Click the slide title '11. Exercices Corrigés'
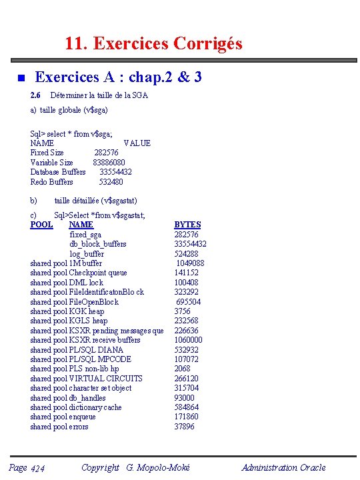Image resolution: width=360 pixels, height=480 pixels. click(x=153, y=44)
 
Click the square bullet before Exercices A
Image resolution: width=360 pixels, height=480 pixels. click(x=20, y=79)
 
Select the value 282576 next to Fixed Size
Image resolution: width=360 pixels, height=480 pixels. click(x=106, y=153)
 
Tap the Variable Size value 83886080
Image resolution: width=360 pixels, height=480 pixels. click(x=109, y=162)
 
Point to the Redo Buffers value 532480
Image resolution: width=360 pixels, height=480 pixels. click(x=111, y=181)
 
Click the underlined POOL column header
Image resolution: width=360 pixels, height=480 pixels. click(x=41, y=225)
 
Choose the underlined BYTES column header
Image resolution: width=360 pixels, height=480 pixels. click(x=187, y=225)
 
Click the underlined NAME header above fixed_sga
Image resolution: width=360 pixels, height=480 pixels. click(x=81, y=225)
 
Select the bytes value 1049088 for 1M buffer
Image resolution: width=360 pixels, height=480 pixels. click(x=190, y=263)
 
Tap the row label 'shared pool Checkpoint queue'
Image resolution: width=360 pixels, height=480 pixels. click(x=79, y=273)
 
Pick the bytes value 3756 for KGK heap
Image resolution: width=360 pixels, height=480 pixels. click(x=182, y=311)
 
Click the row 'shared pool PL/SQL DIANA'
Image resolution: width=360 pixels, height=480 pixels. click(x=77, y=350)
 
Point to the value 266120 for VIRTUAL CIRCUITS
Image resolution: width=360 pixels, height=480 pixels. click(x=187, y=378)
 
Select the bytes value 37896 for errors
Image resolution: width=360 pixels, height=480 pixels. click(x=185, y=427)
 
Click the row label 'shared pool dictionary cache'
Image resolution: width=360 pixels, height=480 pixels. click(x=76, y=407)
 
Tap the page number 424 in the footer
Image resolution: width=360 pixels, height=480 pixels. click(x=37, y=469)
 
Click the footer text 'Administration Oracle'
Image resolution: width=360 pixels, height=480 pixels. click(x=283, y=467)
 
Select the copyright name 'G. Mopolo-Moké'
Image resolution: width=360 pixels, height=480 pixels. click(x=157, y=467)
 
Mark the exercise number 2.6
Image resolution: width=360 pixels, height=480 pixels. click(x=35, y=95)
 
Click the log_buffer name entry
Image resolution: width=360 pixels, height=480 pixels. click(x=87, y=253)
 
